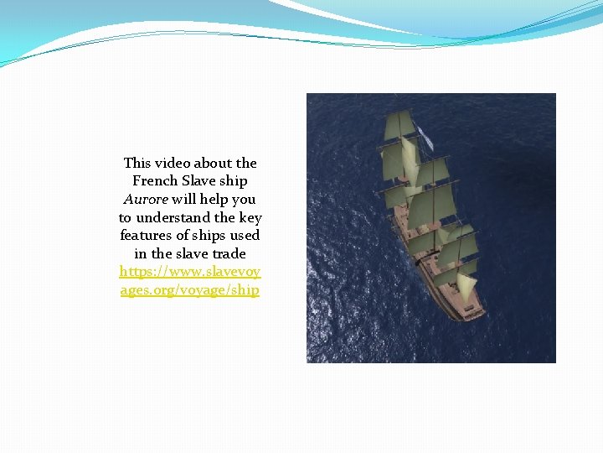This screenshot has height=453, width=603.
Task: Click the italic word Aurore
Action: point(146,200)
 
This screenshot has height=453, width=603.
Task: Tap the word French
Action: point(155,181)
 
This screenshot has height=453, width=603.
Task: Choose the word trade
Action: point(229,253)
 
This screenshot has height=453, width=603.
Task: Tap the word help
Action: point(212,200)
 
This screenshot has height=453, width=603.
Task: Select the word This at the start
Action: point(137,163)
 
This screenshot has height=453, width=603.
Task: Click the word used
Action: point(245,236)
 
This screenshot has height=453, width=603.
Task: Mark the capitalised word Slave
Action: point(198,181)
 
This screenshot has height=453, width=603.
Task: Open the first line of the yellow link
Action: point(190,272)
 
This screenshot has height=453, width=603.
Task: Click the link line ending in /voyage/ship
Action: point(190,290)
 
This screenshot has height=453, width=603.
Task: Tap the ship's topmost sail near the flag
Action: point(399,126)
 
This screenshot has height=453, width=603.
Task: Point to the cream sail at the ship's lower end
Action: point(466,285)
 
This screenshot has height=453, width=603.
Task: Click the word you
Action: point(243,200)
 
